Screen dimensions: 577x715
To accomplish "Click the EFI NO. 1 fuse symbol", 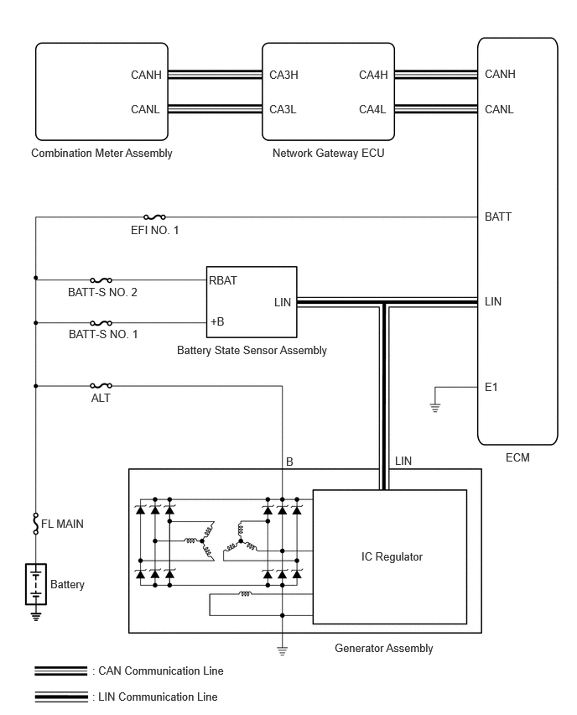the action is [x=154, y=217].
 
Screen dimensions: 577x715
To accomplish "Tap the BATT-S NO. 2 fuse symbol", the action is [x=101, y=280].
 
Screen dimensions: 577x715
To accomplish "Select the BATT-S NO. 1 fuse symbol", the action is [x=101, y=323].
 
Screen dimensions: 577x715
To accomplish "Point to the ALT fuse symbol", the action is [x=101, y=386].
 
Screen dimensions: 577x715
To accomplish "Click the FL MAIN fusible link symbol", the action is [x=35, y=524].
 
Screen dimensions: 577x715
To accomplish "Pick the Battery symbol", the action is [x=35, y=584].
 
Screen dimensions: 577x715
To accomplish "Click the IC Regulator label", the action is [x=392, y=556].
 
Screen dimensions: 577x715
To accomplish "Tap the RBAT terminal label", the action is [x=223, y=280].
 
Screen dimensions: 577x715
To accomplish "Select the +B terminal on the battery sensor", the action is [x=217, y=321].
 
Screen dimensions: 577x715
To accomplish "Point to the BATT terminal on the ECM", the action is [x=497, y=217].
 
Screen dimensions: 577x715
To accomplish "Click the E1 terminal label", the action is [x=491, y=387].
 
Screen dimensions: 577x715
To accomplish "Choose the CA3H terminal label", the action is [x=283, y=75].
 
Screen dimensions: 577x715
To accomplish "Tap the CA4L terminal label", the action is [x=372, y=109].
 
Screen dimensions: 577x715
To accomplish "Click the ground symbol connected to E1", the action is [x=435, y=407].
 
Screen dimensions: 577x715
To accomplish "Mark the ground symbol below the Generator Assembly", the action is [x=282, y=650].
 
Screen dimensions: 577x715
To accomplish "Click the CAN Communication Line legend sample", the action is [x=60, y=671].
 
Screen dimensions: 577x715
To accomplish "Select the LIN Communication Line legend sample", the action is [x=60, y=697].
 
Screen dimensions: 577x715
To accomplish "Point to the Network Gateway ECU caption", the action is [x=328, y=154].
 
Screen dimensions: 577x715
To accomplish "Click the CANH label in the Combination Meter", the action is [x=146, y=75].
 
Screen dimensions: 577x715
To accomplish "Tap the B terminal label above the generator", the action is [x=289, y=462].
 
